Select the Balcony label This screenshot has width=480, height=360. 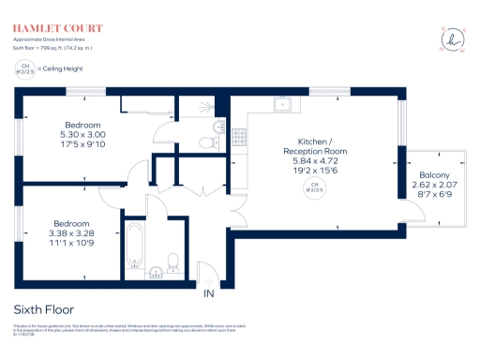pyautogui.click(x=433, y=176)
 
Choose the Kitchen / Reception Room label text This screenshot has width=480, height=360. pyautogui.click(x=315, y=143)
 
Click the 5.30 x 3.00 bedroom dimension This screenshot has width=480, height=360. pyautogui.click(x=82, y=134)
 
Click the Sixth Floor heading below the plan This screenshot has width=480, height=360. pyautogui.click(x=44, y=308)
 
